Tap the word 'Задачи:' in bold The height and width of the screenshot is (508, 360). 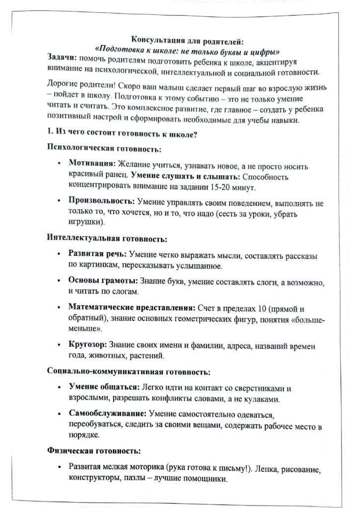point(61,59)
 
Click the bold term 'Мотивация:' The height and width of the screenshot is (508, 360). point(92,163)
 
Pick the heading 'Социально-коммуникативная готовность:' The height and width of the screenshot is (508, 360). point(128,371)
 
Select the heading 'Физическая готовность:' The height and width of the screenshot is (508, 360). point(93,451)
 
